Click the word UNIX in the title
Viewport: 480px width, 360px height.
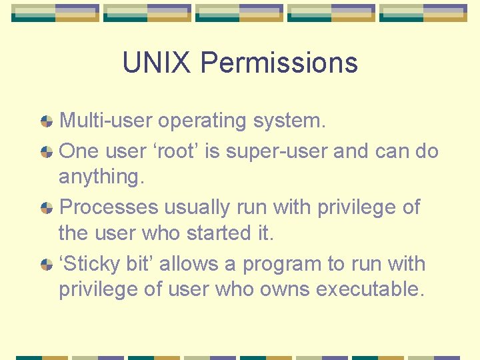click(157, 63)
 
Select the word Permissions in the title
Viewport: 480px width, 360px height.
click(279, 63)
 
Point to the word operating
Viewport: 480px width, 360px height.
click(202, 121)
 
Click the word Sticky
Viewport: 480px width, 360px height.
click(91, 264)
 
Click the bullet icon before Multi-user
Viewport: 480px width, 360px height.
click(47, 121)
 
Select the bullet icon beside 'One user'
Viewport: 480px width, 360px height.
click(47, 152)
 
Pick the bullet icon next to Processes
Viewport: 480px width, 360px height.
click(47, 208)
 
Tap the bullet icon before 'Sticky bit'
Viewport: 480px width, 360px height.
click(47, 265)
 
